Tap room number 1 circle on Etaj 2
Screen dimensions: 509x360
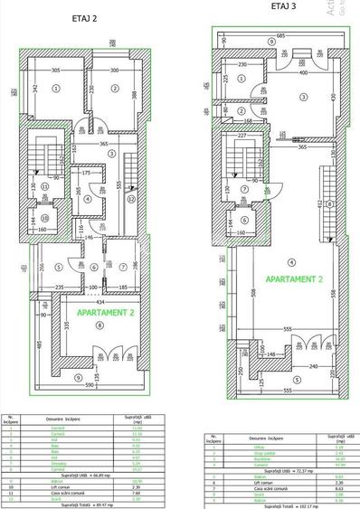tap(55, 89)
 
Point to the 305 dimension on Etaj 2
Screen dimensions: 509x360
tap(54, 70)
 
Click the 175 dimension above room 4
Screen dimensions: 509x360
tap(85, 172)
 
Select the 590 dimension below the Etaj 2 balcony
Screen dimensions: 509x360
tap(88, 384)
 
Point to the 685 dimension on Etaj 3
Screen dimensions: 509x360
tap(281, 34)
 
